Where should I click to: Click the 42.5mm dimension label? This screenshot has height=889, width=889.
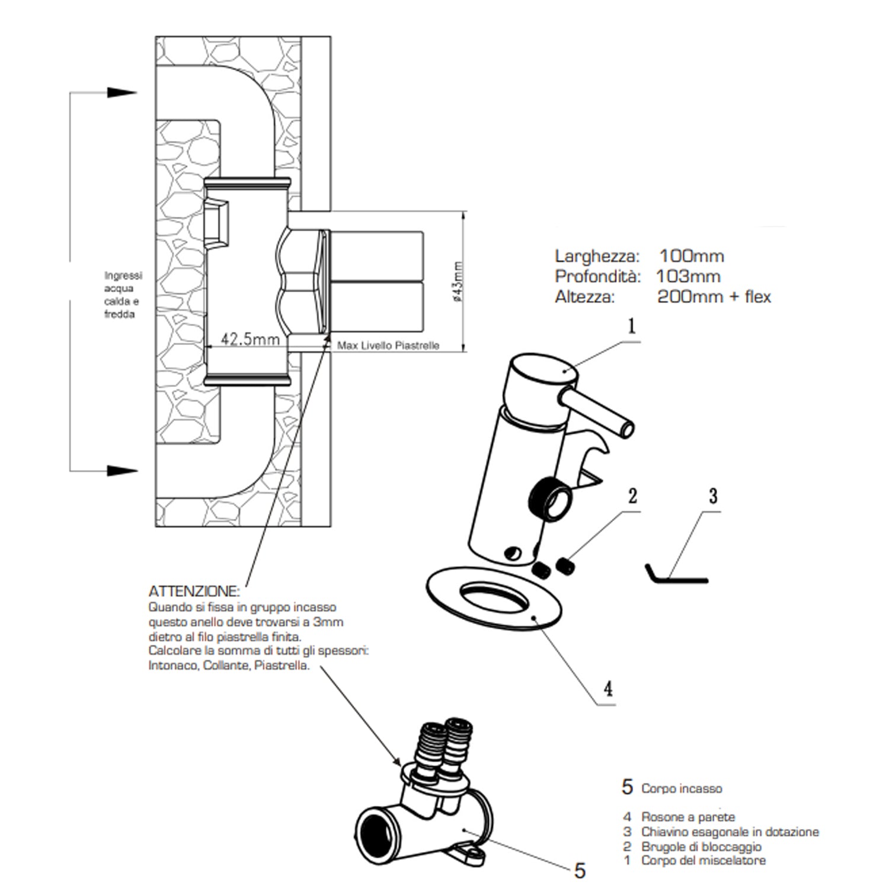click(x=250, y=339)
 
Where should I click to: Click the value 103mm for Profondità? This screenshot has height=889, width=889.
click(x=688, y=276)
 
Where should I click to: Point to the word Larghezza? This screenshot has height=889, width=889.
click(x=597, y=257)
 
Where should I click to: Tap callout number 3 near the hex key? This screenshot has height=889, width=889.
click(x=713, y=495)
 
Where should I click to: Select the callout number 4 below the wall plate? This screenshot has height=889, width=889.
click(x=607, y=688)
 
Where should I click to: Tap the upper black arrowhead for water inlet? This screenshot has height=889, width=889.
click(x=122, y=92)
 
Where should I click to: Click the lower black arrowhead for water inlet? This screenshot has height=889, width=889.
click(x=122, y=471)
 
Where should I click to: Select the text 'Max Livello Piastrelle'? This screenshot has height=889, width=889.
click(x=388, y=346)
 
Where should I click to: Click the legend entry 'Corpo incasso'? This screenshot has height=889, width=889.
click(x=682, y=789)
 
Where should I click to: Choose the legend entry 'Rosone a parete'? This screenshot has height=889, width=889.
click(x=687, y=817)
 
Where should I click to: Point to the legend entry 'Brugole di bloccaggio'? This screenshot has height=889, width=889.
click(x=701, y=846)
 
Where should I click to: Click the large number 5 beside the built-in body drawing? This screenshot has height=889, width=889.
click(x=580, y=871)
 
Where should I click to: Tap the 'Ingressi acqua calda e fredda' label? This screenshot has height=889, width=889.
click(x=123, y=295)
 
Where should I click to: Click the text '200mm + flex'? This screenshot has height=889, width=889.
click(x=714, y=296)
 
